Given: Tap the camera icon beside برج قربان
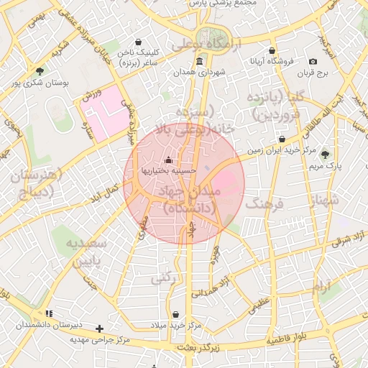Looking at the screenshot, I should (x=313, y=62).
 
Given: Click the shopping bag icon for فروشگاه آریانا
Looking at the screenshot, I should (x=271, y=50).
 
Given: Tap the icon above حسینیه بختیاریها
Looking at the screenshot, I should (x=168, y=159).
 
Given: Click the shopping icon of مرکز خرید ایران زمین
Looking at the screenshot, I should (x=281, y=139).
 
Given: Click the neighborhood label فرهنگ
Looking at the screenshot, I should (x=265, y=204).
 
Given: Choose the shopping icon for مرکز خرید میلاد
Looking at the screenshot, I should (x=177, y=314).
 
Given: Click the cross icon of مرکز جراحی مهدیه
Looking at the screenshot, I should (x=109, y=328).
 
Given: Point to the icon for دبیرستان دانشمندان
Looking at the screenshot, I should (x=49, y=313).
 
